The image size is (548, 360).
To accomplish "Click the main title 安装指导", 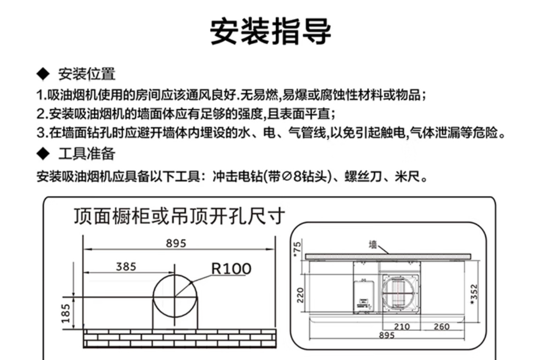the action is (270, 32).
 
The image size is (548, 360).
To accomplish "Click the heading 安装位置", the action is (87, 74).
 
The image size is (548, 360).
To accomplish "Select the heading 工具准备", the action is (87, 153).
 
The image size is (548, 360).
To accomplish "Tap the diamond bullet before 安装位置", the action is (43, 74).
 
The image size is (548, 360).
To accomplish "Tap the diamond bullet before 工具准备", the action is (43, 154).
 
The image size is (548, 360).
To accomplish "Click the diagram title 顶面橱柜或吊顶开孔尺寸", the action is (180, 216).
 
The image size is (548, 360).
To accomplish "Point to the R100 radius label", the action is (231, 269).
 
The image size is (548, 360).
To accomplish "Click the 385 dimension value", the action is (126, 267).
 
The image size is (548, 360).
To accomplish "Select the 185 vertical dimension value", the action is (66, 313).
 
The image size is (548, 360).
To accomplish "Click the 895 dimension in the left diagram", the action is (176, 243).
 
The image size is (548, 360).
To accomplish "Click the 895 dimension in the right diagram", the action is (387, 335).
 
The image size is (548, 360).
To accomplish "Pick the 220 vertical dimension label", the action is (300, 294).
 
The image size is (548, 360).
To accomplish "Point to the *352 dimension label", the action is (474, 294).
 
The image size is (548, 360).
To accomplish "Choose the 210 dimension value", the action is (402, 326).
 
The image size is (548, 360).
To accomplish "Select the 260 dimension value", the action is (441, 326).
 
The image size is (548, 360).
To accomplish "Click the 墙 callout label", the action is (373, 244).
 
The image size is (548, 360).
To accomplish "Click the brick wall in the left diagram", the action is (180, 337).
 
